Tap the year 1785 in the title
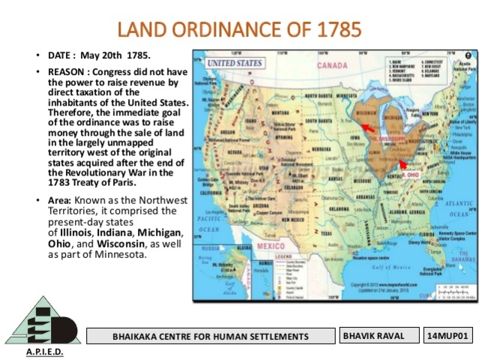pyautogui.click(x=335, y=30)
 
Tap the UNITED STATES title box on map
pyautogui.click(x=233, y=63)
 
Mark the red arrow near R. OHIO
pyautogui.click(x=403, y=162)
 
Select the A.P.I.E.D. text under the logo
pyautogui.click(x=44, y=352)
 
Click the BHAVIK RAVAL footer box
pyautogui.click(x=377, y=335)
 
